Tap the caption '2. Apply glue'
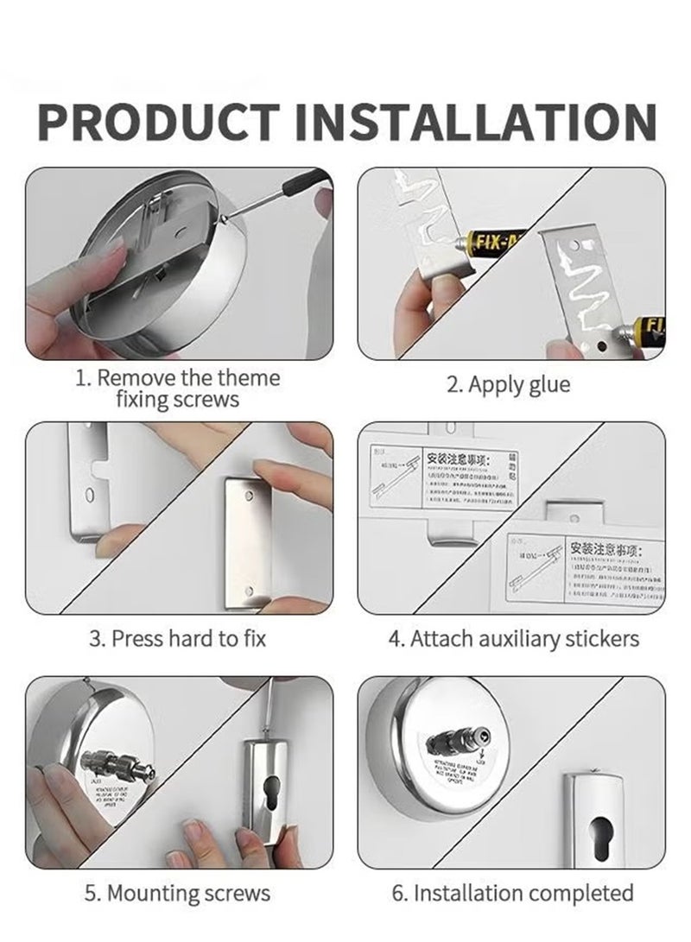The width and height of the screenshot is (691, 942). (x=508, y=384)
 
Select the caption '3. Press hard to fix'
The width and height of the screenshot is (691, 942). (x=177, y=639)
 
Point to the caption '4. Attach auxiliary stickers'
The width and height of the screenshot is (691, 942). (x=513, y=639)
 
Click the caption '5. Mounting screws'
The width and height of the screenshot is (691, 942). (x=177, y=893)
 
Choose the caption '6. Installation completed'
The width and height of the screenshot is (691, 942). (x=513, y=893)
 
